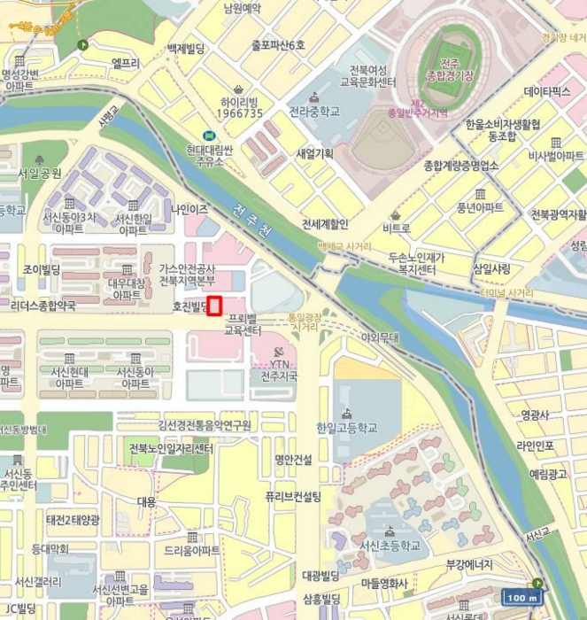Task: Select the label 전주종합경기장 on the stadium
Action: coord(450,69)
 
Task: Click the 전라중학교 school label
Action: coord(313,112)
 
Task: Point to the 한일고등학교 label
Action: coord(346,428)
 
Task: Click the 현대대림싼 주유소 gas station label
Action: coord(210,155)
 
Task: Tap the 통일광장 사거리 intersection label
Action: coord(304,322)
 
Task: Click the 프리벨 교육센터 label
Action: coord(243,323)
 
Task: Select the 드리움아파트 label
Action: coord(191,550)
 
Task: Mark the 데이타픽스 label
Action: coord(547,90)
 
